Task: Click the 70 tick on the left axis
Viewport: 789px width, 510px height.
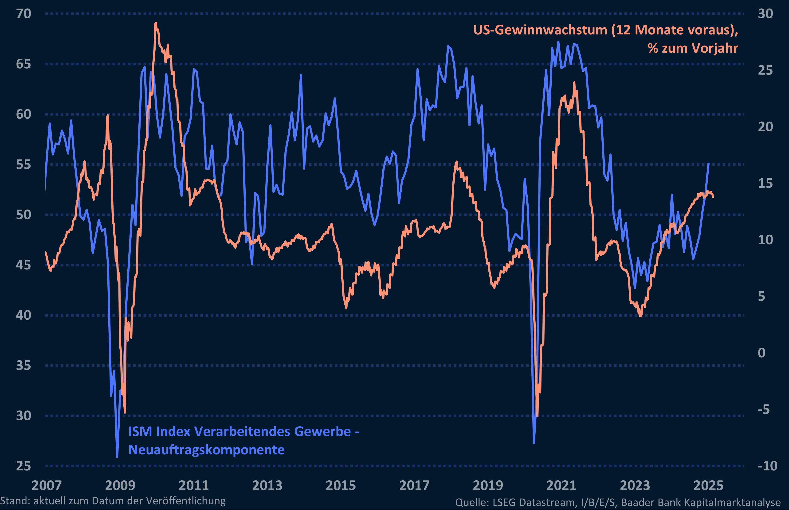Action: pyautogui.click(x=24, y=14)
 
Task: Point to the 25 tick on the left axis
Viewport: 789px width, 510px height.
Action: pyautogui.click(x=24, y=466)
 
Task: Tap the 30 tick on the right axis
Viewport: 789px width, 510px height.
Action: pyautogui.click(x=765, y=14)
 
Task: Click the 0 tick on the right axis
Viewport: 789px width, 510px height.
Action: pyautogui.click(x=762, y=353)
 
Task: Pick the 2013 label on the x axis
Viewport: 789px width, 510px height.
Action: pyautogui.click(x=267, y=486)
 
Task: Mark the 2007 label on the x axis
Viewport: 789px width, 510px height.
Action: pyautogui.click(x=47, y=486)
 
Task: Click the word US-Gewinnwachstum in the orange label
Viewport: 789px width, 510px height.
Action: pyautogui.click(x=540, y=30)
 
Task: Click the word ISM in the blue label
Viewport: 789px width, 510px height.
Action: pyautogui.click(x=141, y=432)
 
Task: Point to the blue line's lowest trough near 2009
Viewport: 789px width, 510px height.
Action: pyautogui.click(x=117, y=457)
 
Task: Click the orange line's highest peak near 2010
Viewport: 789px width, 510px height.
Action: pyautogui.click(x=156, y=23)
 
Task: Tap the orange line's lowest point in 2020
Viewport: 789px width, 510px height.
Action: pyautogui.click(x=537, y=416)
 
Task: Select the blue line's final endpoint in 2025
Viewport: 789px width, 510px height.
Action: pyautogui.click(x=709, y=164)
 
